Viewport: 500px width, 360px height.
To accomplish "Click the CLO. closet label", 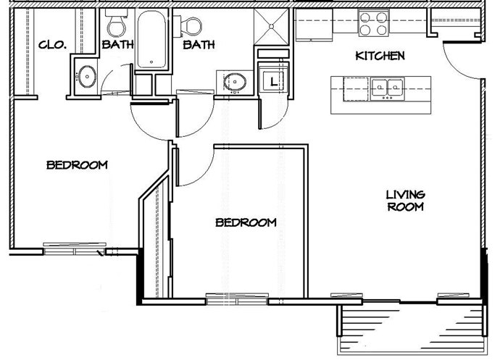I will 52,45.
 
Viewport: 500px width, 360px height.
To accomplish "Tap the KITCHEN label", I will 379,56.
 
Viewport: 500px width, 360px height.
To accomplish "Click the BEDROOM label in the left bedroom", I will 77,165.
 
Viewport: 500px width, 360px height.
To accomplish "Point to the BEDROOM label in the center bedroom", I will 246,222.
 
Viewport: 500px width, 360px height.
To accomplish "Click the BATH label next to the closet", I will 117,45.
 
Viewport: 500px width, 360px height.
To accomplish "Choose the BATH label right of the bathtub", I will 199,45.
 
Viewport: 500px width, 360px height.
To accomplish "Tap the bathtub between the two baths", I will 154,40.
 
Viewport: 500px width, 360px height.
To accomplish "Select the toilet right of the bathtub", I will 193,26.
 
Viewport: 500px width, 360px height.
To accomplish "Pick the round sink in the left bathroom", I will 86,75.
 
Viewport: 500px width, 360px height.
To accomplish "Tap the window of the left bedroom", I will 72,249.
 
